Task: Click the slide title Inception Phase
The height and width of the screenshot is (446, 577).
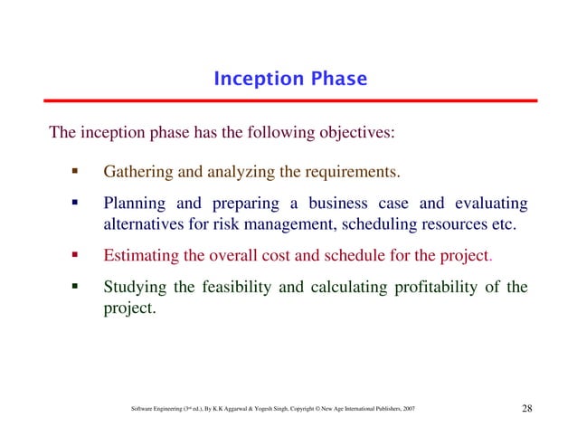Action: (x=289, y=80)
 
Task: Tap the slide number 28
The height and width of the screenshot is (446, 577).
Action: (x=527, y=410)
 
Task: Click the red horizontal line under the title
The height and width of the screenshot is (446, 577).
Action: (x=289, y=100)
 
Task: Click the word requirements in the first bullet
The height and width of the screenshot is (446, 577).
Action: (x=352, y=171)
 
